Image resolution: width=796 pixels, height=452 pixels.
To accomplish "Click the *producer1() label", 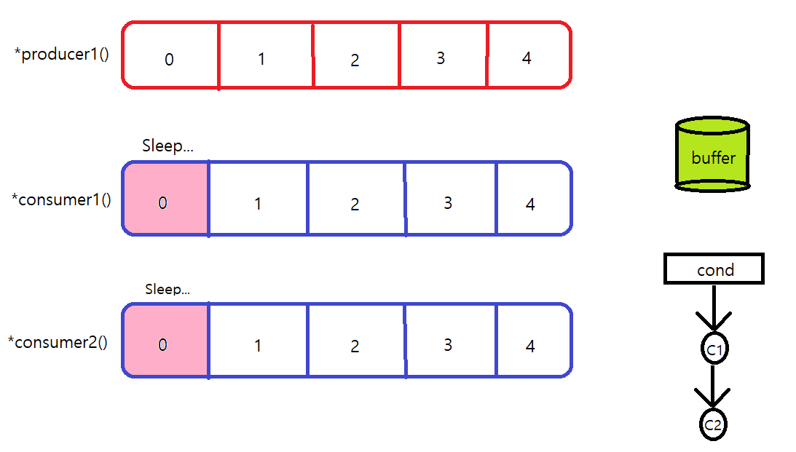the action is click(x=62, y=55).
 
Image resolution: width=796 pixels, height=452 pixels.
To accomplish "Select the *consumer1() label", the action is click(x=61, y=199).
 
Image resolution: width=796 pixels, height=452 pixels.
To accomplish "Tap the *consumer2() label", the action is click(x=58, y=342).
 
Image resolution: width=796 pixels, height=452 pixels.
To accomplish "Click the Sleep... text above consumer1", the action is click(x=168, y=146).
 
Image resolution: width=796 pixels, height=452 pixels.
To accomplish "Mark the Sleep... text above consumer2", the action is click(x=168, y=289).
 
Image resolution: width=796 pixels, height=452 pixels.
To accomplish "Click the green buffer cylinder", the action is click(x=712, y=155).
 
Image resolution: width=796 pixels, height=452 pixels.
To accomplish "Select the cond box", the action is click(x=714, y=269).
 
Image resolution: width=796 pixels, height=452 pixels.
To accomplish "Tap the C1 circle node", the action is click(x=714, y=350).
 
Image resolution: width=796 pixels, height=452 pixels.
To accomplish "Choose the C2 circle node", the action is click(x=713, y=425).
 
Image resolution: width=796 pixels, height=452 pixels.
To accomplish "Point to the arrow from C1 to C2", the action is click(x=714, y=387).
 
